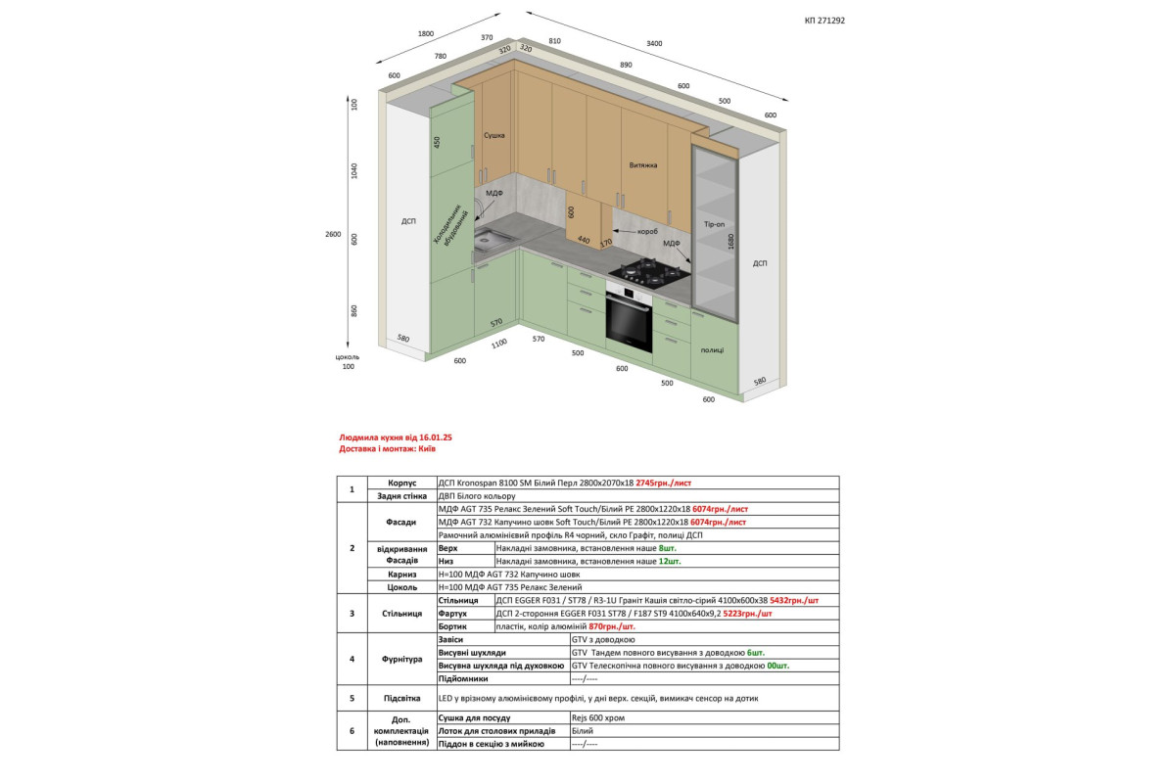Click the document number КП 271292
coord(824,21)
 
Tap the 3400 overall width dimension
coord(654,43)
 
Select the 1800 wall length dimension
coord(426,33)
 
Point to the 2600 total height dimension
coord(333,234)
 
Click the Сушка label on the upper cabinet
coord(494,135)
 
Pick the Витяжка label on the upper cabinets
coord(643,165)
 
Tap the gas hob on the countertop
coord(650,272)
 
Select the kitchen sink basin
coord(492,240)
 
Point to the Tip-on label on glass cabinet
coord(714,224)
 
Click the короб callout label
coord(647,231)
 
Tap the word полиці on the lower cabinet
coord(712,349)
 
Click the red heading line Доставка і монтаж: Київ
coord(387,449)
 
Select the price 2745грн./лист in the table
coord(664,483)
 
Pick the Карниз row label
coord(401,575)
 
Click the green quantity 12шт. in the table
coord(670,561)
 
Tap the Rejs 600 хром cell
coord(598,718)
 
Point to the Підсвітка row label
coord(401,698)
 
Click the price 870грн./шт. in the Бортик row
coord(612,626)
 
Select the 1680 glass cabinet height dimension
coord(730,241)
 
